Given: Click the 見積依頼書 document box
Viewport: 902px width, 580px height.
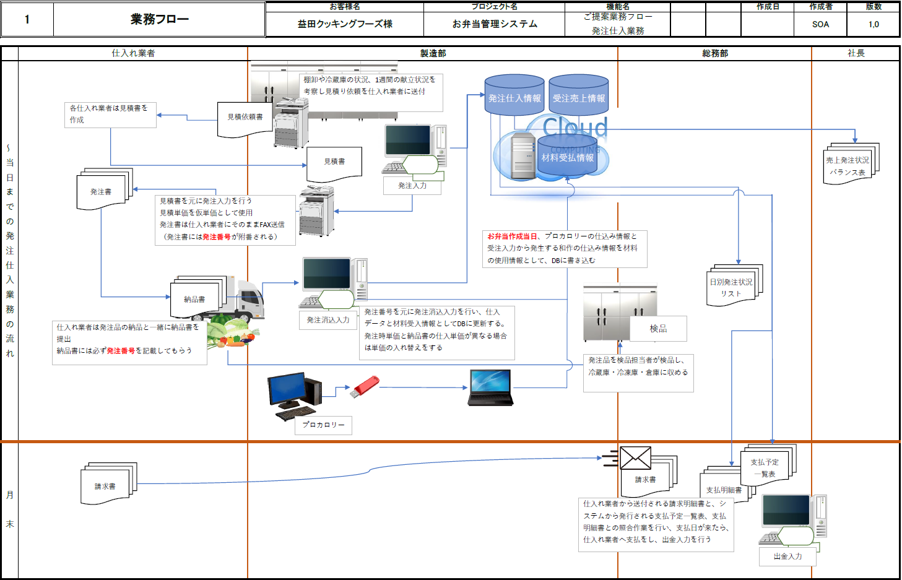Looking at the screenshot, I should tap(245, 118).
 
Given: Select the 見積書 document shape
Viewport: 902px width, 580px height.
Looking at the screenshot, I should tap(334, 162).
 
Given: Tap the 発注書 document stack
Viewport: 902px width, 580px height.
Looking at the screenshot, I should tap(102, 192).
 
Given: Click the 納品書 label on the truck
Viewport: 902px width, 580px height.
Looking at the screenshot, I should tap(194, 300).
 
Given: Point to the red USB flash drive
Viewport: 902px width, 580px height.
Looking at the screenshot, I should tap(365, 386).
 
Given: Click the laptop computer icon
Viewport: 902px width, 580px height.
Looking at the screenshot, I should tap(490, 387).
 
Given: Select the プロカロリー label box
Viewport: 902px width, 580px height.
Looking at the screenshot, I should tap(323, 425).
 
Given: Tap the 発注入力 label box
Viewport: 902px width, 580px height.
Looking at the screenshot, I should tap(412, 186).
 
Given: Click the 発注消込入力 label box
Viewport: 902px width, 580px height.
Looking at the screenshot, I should tap(328, 320).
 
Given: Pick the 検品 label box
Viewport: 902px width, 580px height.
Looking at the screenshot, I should tap(658, 329).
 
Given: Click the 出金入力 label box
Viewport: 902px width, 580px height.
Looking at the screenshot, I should tap(787, 556).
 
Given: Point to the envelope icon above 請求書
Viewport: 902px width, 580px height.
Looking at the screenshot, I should tap(635, 458).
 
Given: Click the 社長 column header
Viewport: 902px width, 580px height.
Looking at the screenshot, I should tap(856, 53).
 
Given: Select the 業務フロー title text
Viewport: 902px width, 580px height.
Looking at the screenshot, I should tap(160, 19).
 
